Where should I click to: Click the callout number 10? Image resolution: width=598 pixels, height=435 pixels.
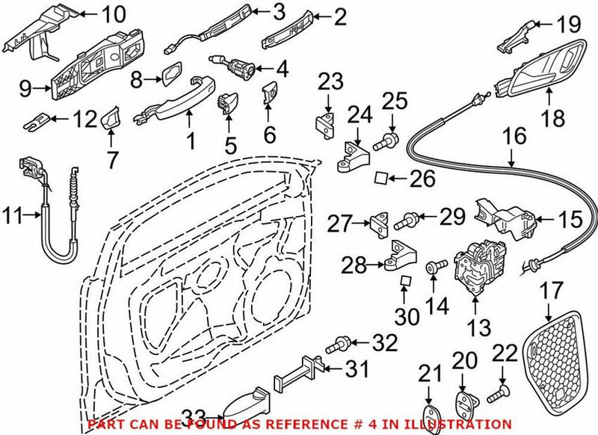(x=114, y=14)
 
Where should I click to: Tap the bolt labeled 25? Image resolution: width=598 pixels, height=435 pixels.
(x=386, y=139)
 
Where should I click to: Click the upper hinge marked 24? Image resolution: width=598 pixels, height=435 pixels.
(x=354, y=156)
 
